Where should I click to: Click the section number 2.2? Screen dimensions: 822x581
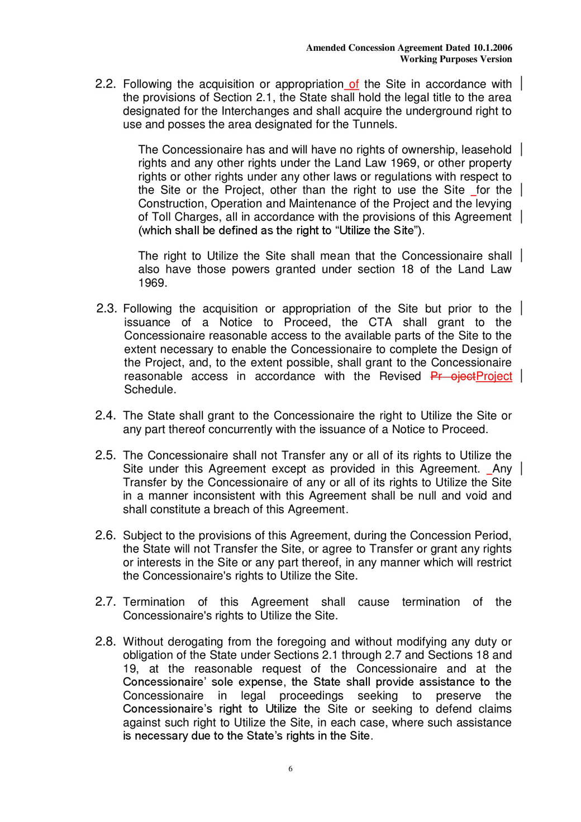105,84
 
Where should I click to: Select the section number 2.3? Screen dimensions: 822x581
106,308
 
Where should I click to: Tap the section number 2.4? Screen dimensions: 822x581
105,416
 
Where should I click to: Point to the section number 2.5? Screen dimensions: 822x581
105,455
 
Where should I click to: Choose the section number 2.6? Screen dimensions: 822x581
105,535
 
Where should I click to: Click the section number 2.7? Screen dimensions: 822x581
105,602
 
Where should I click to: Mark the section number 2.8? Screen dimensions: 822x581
105,642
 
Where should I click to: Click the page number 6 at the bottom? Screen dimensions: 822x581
290,769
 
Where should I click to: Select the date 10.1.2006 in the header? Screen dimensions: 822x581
492,48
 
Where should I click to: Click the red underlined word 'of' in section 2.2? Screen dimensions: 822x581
354,84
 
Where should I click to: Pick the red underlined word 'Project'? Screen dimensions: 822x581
494,376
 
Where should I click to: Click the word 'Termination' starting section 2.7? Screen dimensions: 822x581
154,602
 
